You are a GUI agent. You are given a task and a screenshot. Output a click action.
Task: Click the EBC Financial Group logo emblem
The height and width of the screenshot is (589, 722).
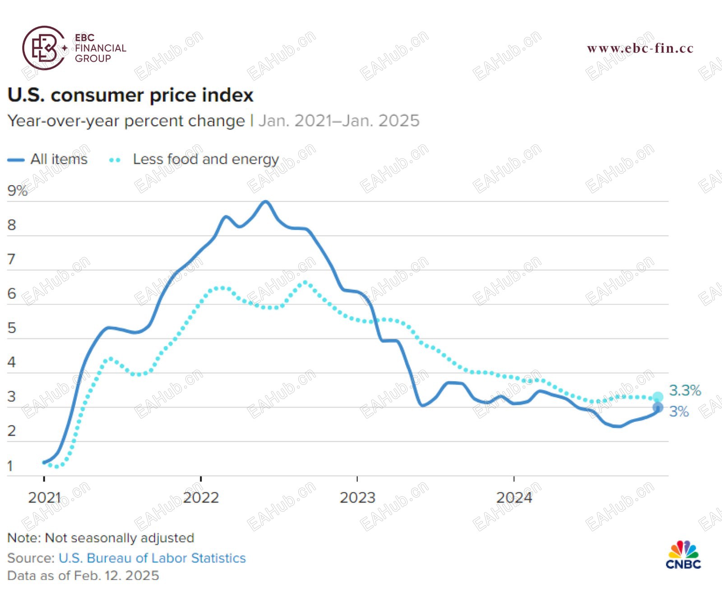(x=44, y=48)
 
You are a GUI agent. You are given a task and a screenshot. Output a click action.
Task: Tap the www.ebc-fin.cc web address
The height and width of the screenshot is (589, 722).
(x=640, y=48)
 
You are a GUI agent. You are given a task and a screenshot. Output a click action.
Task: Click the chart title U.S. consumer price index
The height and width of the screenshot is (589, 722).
(x=130, y=95)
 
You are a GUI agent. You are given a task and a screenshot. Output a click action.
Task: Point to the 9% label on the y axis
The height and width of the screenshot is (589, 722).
(x=17, y=191)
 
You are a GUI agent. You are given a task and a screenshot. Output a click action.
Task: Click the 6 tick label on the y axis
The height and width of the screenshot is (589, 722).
(x=12, y=293)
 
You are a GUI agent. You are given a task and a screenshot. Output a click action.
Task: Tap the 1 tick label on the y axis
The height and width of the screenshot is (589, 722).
(x=10, y=466)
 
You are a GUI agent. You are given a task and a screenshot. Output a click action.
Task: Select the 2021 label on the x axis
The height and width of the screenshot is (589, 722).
(x=44, y=498)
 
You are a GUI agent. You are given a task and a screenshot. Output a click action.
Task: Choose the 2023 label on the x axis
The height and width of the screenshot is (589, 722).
(x=357, y=498)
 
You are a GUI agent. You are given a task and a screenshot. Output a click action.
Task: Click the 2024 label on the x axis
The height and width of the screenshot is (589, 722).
(x=514, y=498)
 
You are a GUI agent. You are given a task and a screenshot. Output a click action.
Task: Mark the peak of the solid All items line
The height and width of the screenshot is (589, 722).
(x=266, y=202)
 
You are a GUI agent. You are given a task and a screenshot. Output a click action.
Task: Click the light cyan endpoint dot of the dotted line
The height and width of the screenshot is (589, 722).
(x=658, y=397)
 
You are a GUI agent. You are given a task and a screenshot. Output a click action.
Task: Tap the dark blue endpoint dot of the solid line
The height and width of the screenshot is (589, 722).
(x=658, y=407)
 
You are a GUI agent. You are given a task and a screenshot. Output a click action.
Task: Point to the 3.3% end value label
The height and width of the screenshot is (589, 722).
(x=685, y=390)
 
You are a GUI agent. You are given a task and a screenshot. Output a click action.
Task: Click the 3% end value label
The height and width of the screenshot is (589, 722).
(x=679, y=411)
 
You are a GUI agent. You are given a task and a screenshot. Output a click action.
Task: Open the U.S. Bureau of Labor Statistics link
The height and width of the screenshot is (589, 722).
(x=152, y=558)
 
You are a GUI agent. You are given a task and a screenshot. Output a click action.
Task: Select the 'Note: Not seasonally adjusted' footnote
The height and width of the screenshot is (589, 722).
(x=101, y=538)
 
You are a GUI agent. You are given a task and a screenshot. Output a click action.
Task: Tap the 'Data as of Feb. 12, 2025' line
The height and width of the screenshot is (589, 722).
(x=83, y=575)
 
